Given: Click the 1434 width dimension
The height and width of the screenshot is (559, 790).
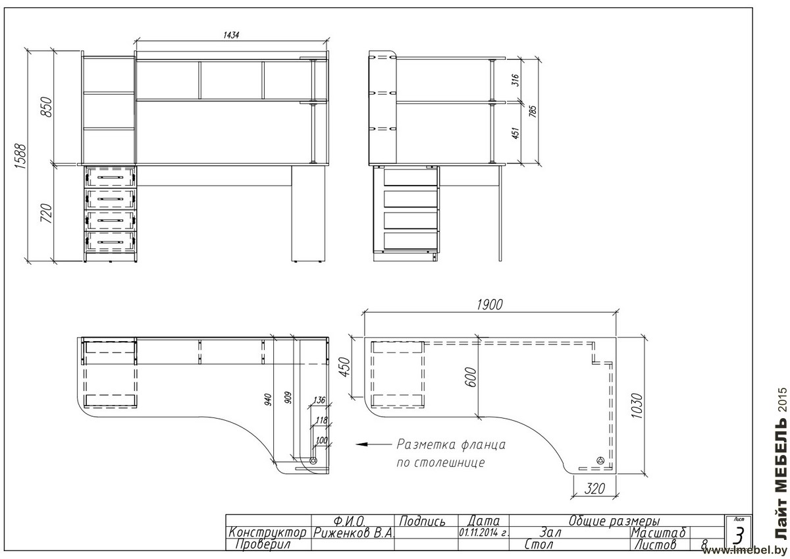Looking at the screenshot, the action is tap(231, 35).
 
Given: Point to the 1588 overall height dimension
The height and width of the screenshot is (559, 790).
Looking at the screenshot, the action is tap(21, 156).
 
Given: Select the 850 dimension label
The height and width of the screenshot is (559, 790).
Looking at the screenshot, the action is tap(47, 107).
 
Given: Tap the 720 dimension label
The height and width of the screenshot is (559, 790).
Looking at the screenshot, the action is tap(46, 213).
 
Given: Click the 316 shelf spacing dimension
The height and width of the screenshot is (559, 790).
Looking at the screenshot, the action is tap(515, 80).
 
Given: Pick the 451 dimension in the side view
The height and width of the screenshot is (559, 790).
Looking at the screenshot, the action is tap(515, 133).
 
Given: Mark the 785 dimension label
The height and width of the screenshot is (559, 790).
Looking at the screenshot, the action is tap(533, 111).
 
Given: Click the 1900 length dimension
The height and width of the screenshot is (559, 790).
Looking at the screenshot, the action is tap(490, 304).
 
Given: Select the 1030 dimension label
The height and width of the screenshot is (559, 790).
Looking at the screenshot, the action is tap(637, 406).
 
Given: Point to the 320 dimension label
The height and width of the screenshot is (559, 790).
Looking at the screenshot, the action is tap(594, 489).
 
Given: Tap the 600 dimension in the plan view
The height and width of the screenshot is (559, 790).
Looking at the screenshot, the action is tap(472, 377).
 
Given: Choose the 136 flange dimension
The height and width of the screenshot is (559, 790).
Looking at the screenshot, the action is tap(319, 400).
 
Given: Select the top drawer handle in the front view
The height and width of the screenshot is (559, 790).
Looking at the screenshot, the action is tap(111, 177).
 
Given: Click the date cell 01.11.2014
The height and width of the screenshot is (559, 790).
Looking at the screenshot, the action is tap(483, 532).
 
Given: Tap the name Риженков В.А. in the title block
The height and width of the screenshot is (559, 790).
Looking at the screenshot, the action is tap(353, 533).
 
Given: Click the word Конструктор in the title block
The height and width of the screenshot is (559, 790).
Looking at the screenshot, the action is tap(267, 533).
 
